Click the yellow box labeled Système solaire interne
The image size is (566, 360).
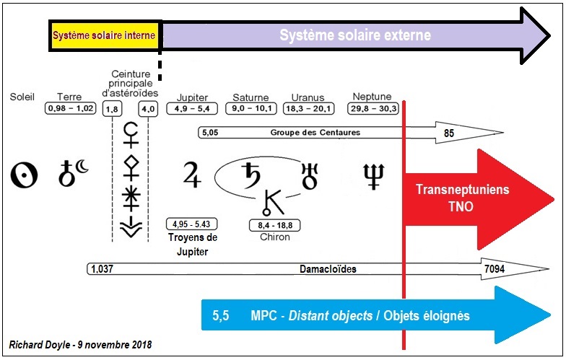105,35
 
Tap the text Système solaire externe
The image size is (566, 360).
354,35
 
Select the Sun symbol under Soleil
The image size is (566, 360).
23,175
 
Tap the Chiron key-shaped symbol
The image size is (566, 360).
271,202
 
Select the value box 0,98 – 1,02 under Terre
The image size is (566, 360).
69,108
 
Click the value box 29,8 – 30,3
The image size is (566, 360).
373,108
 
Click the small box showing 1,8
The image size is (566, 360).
113,110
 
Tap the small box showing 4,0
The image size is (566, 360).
149,110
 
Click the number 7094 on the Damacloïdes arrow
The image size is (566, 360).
495,269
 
